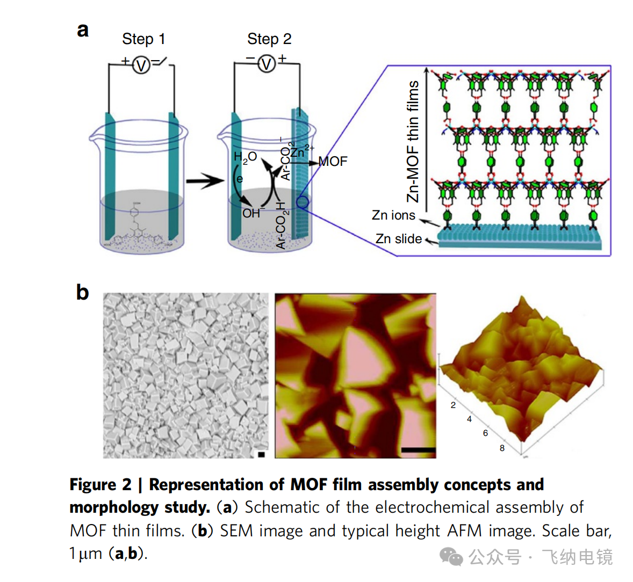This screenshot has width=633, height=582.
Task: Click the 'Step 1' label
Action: coord(143,39)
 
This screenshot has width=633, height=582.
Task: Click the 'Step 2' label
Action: coord(269,39)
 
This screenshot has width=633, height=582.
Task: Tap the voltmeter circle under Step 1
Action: coord(141,66)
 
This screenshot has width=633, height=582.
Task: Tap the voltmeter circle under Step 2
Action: coord(267,64)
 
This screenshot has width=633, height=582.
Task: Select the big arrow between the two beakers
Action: coord(205,182)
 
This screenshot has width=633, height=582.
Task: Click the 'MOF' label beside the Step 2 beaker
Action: coord(333,161)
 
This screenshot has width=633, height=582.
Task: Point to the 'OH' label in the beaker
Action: coord(251,213)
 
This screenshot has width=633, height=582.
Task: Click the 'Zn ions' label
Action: coord(393,215)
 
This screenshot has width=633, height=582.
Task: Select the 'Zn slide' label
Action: coord(398,239)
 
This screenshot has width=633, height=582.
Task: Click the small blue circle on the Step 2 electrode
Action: coord(302,202)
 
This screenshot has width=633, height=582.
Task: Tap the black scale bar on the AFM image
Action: coord(418,450)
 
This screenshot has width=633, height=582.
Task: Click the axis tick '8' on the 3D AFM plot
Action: coord(502,448)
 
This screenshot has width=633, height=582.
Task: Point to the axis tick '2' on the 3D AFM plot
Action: coord(453,405)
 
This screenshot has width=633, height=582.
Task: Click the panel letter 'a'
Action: coord(82,30)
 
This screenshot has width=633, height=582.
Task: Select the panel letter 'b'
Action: coord(82,293)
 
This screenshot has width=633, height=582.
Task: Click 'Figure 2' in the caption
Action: coord(100,485)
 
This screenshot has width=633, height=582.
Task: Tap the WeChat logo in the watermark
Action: coord(451,557)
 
